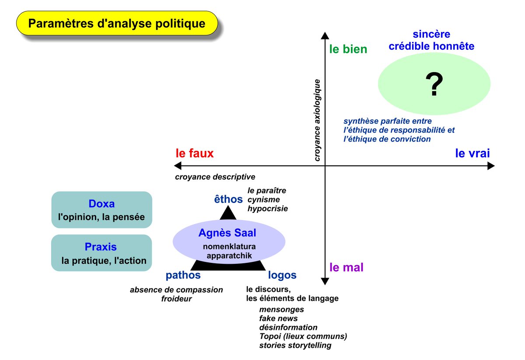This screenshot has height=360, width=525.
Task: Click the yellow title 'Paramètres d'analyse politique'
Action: pyautogui.click(x=116, y=23)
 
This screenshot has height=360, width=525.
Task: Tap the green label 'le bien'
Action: pyautogui.click(x=348, y=49)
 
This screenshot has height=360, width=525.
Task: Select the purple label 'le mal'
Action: pyautogui.click(x=346, y=267)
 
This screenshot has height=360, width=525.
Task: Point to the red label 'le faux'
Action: pyautogui.click(x=194, y=153)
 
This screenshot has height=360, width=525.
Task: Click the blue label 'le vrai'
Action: pyautogui.click(x=472, y=153)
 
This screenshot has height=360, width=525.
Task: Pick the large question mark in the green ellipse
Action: pyautogui.click(x=434, y=85)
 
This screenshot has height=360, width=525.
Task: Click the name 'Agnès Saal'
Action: pyautogui.click(x=227, y=233)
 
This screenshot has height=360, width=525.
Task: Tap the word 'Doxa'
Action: pyautogui.click(x=101, y=204)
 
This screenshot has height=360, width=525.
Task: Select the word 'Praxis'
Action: pyautogui.click(x=101, y=247)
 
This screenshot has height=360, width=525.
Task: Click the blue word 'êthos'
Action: pyautogui.click(x=228, y=199)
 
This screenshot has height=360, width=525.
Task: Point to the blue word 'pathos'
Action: pyautogui.click(x=183, y=275)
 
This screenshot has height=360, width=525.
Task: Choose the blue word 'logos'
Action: pyautogui.click(x=282, y=275)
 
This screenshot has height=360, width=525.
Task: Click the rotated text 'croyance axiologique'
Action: pyautogui.click(x=318, y=120)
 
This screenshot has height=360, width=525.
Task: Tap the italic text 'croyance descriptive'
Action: pyautogui.click(x=215, y=177)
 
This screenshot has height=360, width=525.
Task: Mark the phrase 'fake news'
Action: pyautogui.click(x=278, y=318)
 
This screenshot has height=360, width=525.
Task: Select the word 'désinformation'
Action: pyautogui.click(x=288, y=327)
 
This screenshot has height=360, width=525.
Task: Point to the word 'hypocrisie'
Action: pyautogui.click(x=267, y=209)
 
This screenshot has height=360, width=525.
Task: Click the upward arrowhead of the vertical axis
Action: pyautogui.click(x=325, y=35)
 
